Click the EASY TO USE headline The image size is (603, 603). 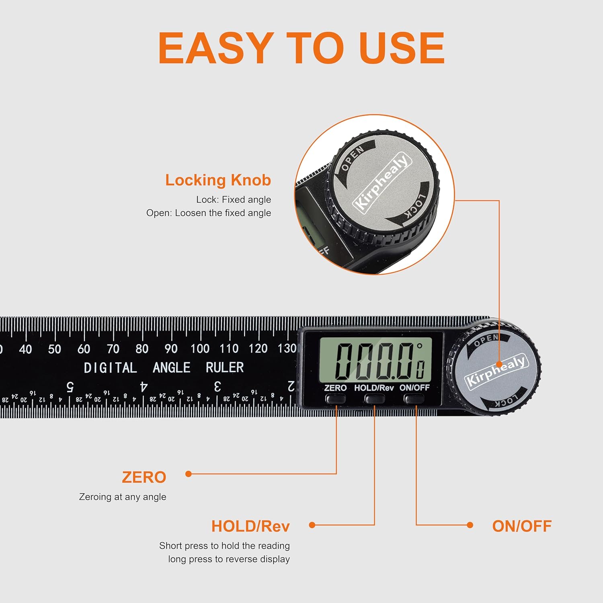click(301, 48)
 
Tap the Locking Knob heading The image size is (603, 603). click(218, 180)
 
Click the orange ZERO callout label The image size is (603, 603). click(144, 478)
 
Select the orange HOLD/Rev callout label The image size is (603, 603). click(250, 526)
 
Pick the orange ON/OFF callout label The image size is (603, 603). click(522, 526)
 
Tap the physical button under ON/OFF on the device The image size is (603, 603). click(414, 399)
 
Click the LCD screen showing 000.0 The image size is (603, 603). click(375, 359)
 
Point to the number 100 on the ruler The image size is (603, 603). click(200, 349)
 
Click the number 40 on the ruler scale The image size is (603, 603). click(25, 349)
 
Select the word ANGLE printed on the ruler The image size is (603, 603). click(172, 367)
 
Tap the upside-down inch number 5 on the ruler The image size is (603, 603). click(70, 387)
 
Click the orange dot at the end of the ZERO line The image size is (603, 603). click(188, 474)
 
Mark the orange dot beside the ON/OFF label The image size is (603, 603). click(470, 525)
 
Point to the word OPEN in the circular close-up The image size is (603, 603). click(353, 158)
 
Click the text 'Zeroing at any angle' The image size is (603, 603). click(123, 497)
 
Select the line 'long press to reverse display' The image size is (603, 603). click(229, 559)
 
